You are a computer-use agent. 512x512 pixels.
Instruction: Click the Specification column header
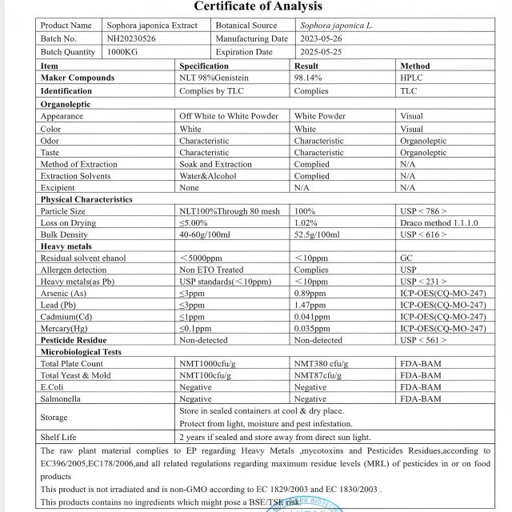pyautogui.click(x=204, y=66)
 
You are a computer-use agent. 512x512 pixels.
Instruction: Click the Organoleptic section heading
pyautogui.click(x=66, y=104)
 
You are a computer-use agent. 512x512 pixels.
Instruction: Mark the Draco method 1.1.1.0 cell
pyautogui.click(x=439, y=223)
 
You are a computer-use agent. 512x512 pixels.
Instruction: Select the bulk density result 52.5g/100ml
pyautogui.click(x=317, y=235)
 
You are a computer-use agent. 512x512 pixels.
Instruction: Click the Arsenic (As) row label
pyautogui.click(x=63, y=294)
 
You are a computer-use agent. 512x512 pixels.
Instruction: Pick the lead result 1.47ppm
pyautogui.click(x=310, y=306)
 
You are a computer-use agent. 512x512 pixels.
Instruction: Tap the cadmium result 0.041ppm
pyautogui.click(x=313, y=317)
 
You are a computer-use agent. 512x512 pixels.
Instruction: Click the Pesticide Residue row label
pyautogui.click(x=74, y=340)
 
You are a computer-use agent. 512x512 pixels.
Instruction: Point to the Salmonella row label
pyautogui.click(x=63, y=398)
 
